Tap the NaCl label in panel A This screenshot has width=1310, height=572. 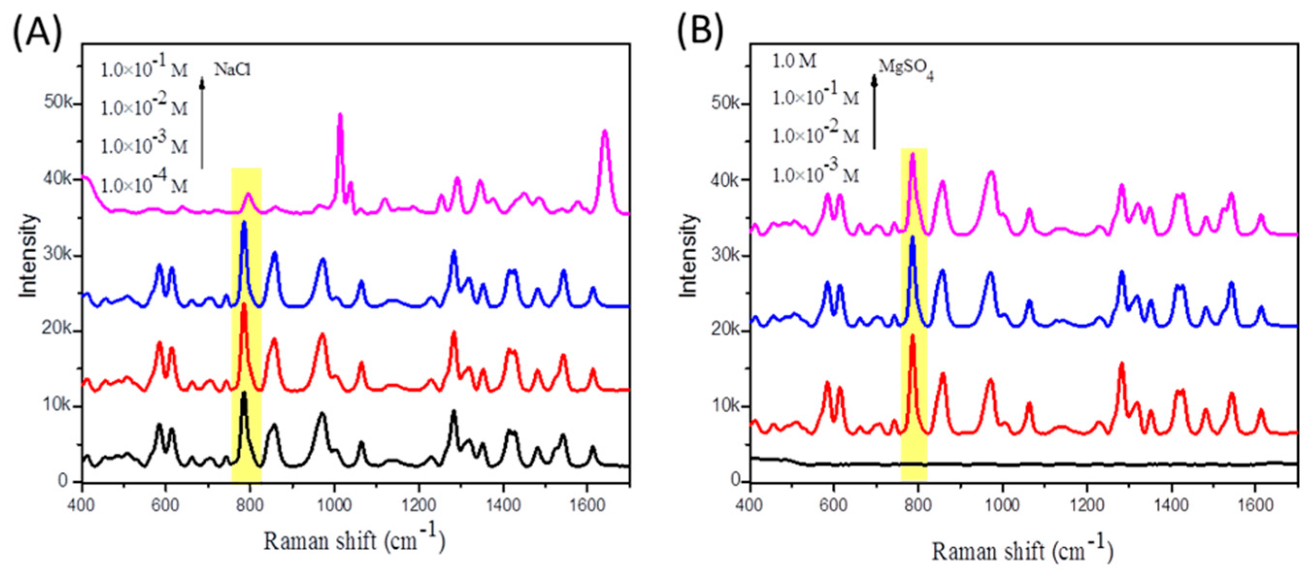click(x=232, y=69)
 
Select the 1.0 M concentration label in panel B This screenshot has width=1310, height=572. click(x=794, y=61)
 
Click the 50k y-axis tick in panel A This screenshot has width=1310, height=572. click(x=61, y=102)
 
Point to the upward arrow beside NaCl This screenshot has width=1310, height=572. click(x=202, y=122)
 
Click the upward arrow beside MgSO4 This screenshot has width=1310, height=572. click(x=874, y=112)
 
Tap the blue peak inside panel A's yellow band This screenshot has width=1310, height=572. click(x=245, y=224)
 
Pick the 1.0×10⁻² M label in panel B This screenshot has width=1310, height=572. click(x=815, y=136)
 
